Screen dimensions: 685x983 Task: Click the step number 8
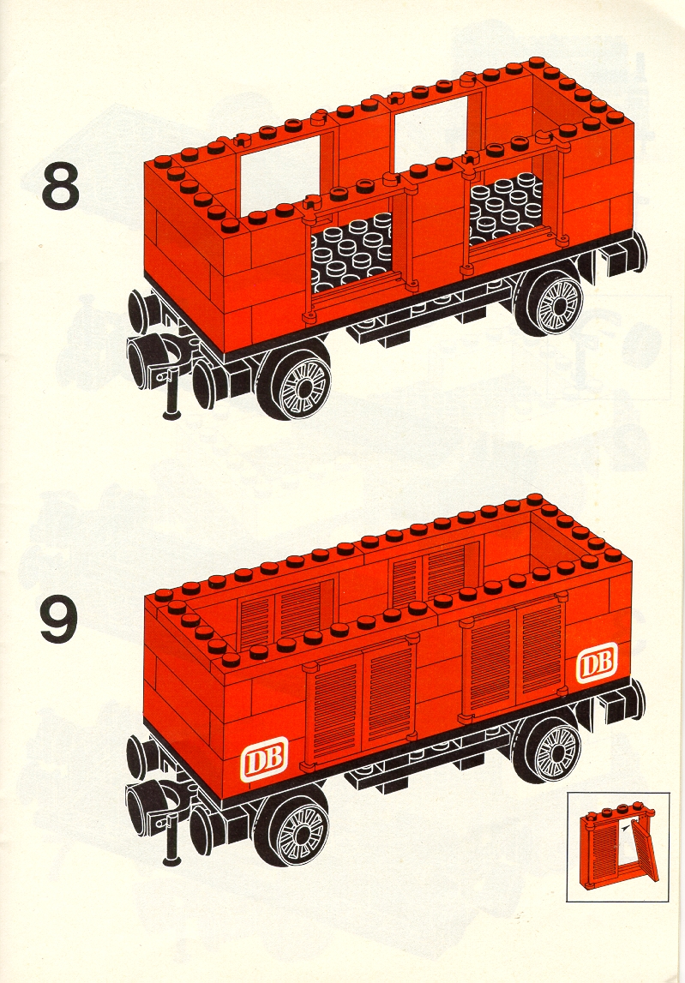(x=61, y=186)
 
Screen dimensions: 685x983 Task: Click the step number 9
(x=61, y=620)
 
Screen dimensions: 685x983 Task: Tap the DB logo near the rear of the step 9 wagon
(x=596, y=662)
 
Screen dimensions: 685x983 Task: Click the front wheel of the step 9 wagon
(x=293, y=826)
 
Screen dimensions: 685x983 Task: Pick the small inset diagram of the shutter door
(x=617, y=847)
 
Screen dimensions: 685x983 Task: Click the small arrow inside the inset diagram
(x=625, y=829)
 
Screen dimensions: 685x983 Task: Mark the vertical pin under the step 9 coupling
(x=171, y=842)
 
